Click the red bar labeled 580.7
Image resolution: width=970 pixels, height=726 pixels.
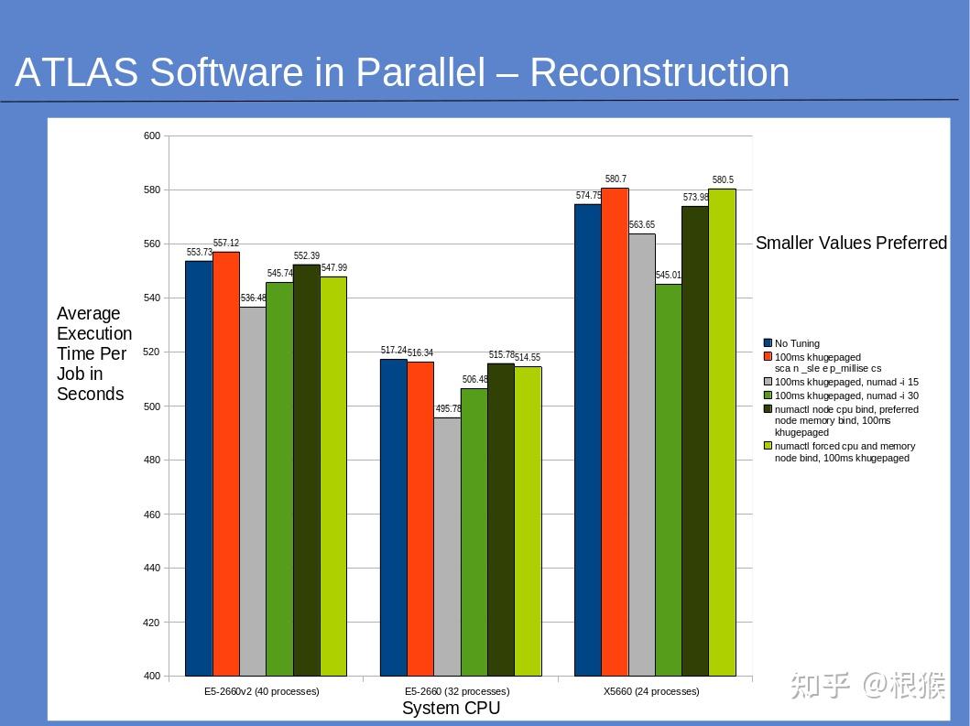pos(615,431)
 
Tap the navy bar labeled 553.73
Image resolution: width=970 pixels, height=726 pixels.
pos(199,468)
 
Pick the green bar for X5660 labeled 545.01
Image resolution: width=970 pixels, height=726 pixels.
pos(669,480)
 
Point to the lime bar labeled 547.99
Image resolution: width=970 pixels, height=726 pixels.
pos(333,476)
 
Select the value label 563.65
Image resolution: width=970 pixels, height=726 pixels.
pos(642,225)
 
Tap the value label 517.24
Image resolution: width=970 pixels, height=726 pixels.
pos(394,351)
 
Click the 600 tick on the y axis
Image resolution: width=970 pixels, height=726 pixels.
pos(152,136)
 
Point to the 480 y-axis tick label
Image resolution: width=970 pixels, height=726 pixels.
pos(152,461)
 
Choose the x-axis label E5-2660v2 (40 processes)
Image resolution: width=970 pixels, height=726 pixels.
pos(262,692)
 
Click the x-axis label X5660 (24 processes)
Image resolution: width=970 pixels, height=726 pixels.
pos(651,692)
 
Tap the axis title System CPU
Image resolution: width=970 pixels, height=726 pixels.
pos(451,709)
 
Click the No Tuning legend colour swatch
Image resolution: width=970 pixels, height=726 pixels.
pos(768,344)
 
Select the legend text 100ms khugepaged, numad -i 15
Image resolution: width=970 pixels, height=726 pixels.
pos(846,382)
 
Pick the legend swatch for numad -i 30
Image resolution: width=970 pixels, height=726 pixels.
pos(768,396)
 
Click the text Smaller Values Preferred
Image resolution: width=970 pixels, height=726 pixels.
pos(851,243)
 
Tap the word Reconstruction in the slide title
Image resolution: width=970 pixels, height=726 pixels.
pos(659,73)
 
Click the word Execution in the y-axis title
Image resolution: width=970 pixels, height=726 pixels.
pos(94,333)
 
